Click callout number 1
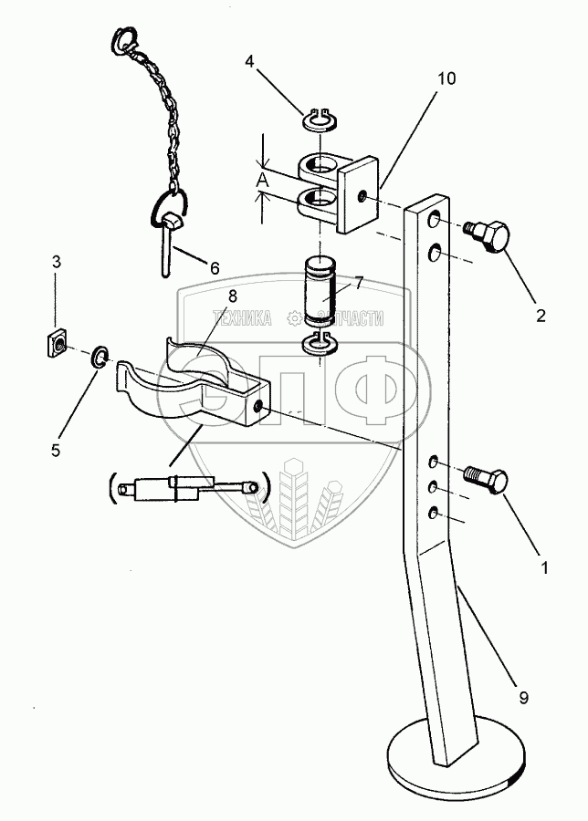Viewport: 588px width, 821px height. coord(545,567)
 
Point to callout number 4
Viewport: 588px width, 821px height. coord(249,62)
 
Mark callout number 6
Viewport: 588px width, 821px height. coord(215,268)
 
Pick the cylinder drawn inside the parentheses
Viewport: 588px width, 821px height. coord(187,485)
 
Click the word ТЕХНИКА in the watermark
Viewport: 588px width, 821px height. coord(243,318)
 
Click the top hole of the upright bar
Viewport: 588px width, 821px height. coord(434,222)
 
